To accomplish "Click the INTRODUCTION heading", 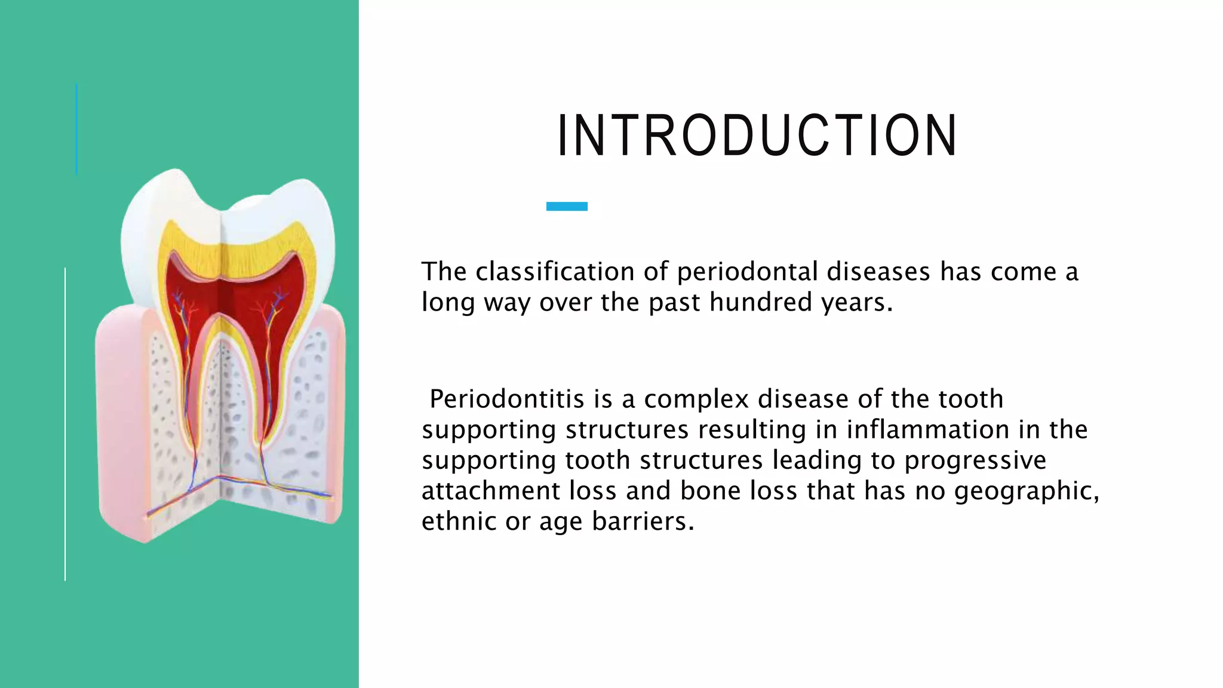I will [x=757, y=136].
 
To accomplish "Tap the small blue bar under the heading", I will [x=567, y=206].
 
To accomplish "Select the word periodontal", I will [x=746, y=272].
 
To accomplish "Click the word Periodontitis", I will [x=506, y=399].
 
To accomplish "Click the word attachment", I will [x=490, y=490].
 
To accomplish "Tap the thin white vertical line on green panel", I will [x=65, y=424].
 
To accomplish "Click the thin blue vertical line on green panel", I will [x=76, y=128].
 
